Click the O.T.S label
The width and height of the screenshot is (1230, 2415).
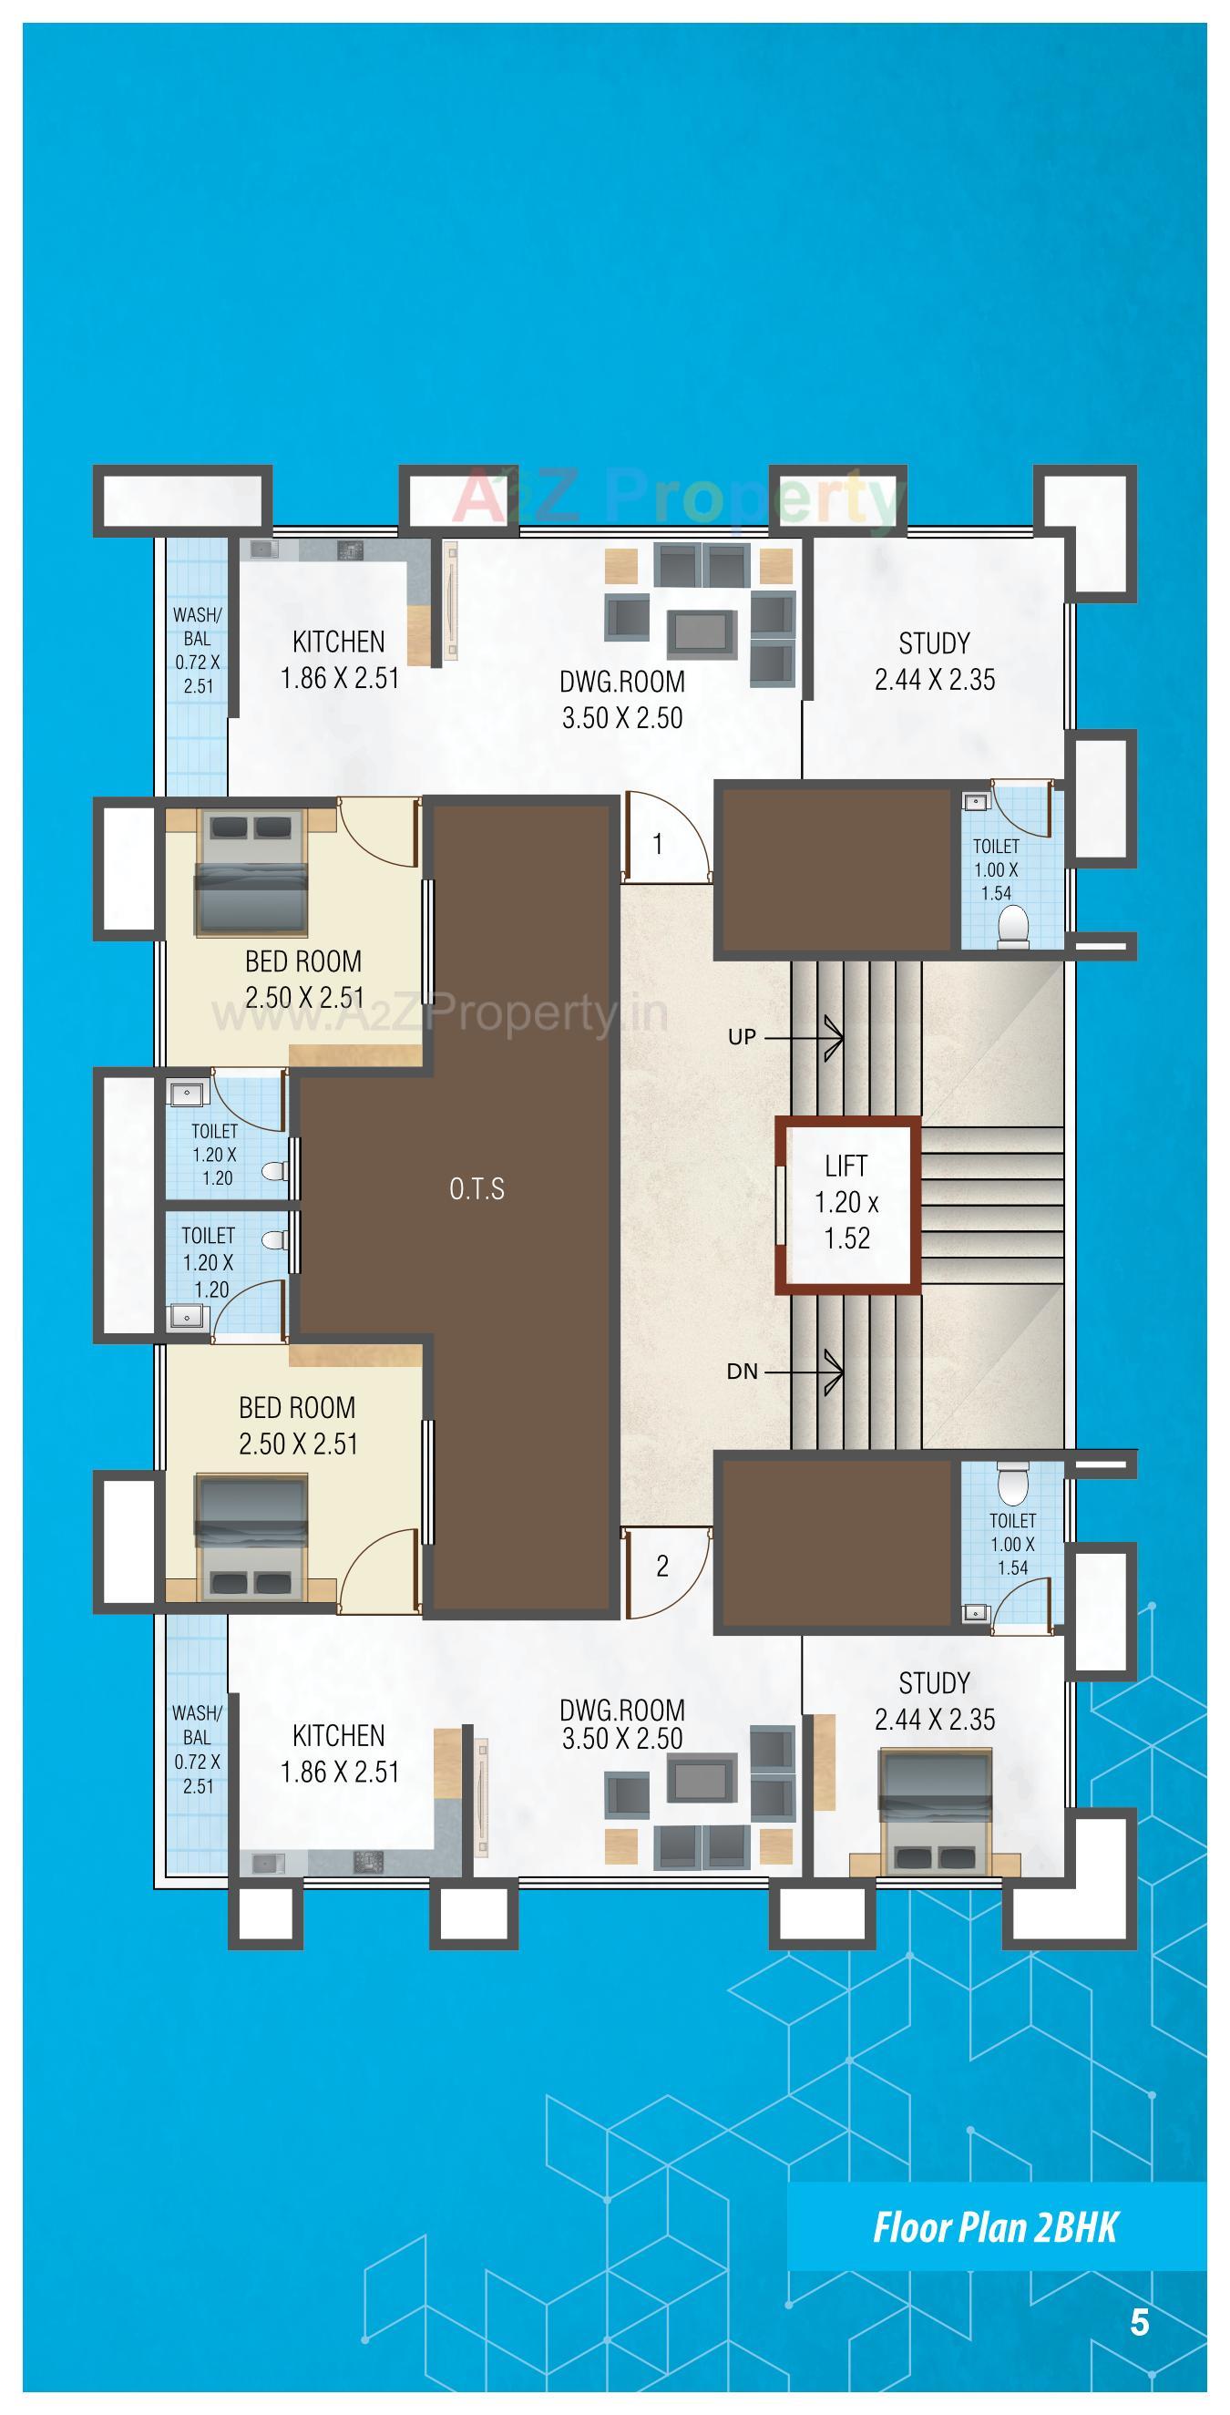477,1188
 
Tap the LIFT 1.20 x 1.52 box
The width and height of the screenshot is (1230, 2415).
846,1204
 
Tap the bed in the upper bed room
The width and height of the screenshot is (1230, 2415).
251,873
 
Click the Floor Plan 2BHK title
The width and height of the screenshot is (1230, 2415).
995,2227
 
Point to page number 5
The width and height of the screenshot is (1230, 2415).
1139,2323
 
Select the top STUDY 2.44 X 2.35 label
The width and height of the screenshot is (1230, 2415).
935,661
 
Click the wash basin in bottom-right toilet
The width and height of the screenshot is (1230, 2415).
976,1613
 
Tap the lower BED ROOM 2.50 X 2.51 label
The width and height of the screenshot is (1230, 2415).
298,1425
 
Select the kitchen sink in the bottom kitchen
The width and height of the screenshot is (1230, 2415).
263,1863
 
